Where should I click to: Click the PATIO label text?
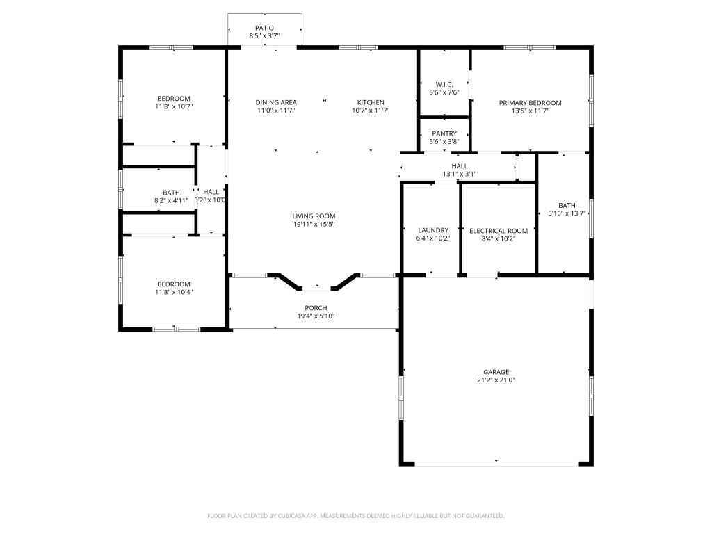[x=264, y=28]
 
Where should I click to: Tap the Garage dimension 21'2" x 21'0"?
[x=496, y=380]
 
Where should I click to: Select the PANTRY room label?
[x=444, y=133]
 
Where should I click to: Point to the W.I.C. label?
[x=444, y=84]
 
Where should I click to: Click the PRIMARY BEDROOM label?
[x=530, y=103]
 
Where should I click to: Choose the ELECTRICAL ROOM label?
[x=498, y=231]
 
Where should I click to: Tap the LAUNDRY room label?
[x=432, y=230]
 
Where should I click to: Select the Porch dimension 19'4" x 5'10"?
[x=315, y=316]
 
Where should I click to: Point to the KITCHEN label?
[x=371, y=102]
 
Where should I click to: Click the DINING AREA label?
[x=276, y=102]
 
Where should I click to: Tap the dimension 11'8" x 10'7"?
[x=173, y=107]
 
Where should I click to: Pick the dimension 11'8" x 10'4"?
[x=173, y=292]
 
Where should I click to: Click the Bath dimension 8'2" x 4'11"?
[x=171, y=201]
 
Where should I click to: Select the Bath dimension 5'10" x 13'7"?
[x=567, y=214]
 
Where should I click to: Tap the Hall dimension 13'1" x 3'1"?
[x=459, y=174]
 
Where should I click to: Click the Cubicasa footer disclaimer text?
[x=356, y=516]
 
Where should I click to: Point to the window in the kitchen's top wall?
[x=358, y=47]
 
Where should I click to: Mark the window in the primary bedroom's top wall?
[x=530, y=47]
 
